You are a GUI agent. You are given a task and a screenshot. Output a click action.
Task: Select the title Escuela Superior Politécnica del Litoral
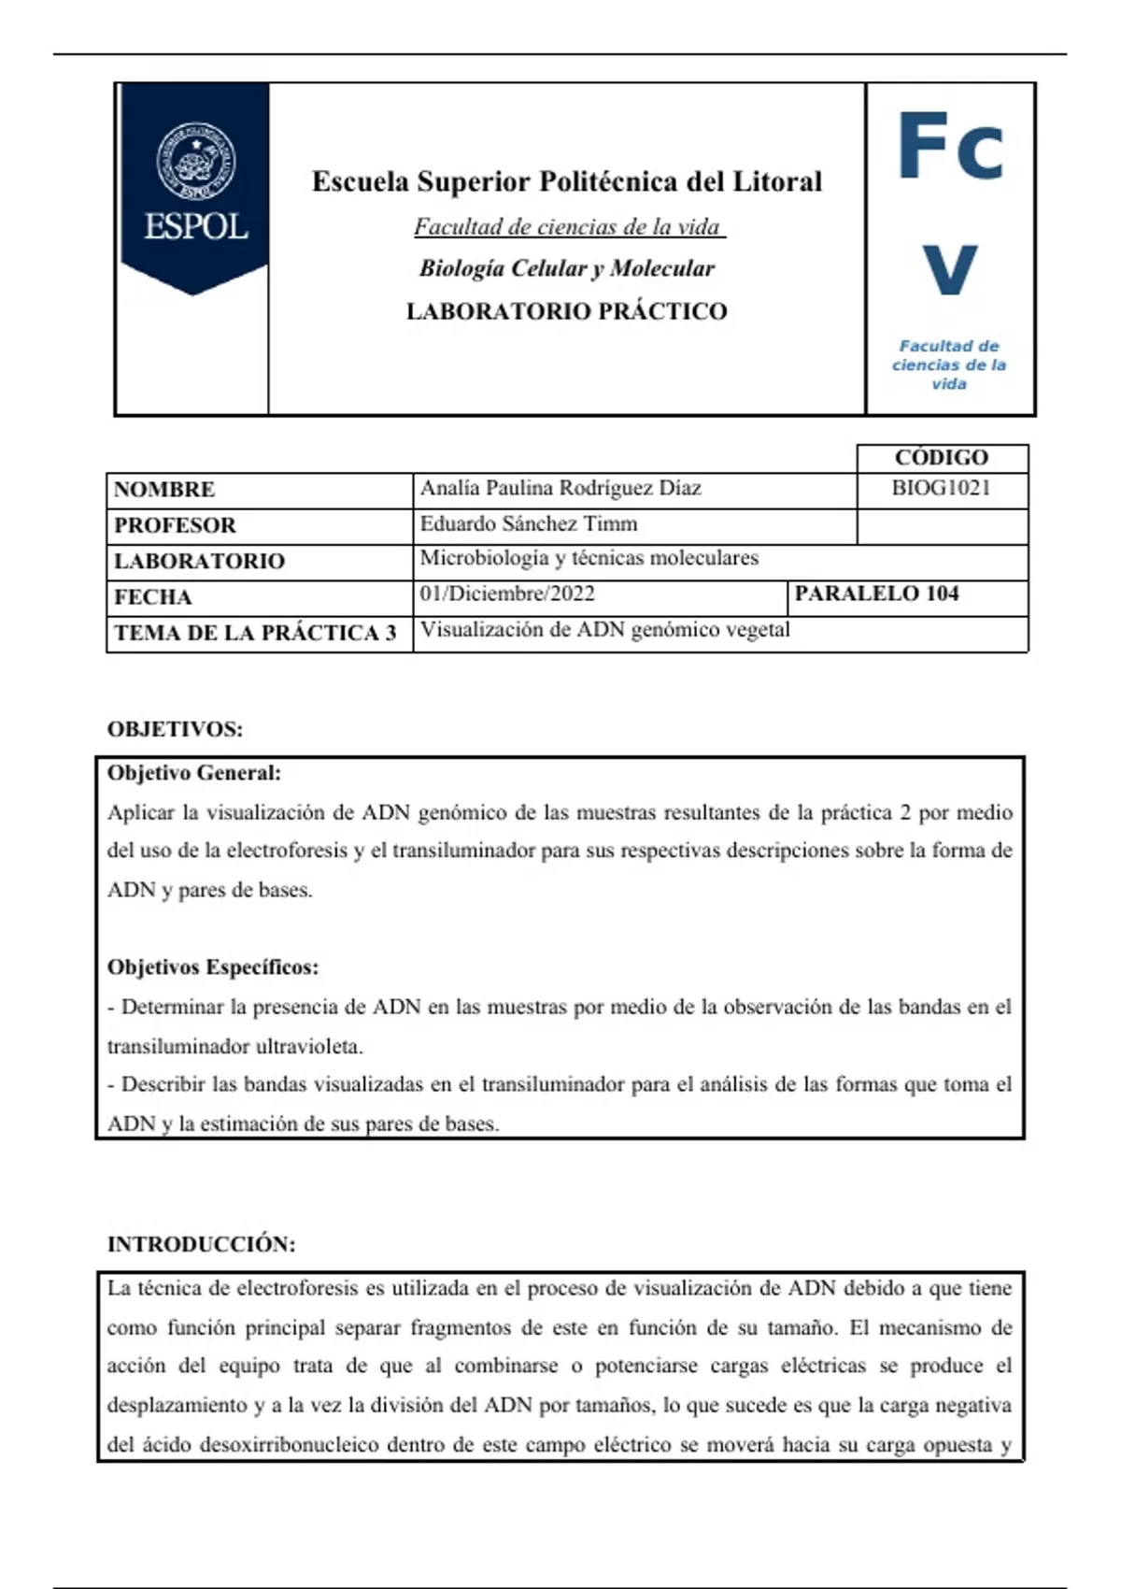566,181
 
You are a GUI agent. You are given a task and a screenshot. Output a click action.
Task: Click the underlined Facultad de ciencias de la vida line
568,227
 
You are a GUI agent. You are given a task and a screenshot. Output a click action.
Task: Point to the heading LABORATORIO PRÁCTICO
566,311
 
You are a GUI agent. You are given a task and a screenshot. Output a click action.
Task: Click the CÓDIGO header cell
941,457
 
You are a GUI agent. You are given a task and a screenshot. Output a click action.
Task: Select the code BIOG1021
941,488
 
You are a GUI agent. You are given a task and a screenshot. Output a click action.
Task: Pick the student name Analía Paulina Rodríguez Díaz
560,488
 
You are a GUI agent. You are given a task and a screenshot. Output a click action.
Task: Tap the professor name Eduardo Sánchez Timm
529,523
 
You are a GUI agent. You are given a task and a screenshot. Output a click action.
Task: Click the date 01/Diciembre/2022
507,594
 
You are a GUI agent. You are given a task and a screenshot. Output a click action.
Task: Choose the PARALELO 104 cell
876,594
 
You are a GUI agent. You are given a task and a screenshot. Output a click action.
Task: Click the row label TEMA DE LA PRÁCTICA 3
255,633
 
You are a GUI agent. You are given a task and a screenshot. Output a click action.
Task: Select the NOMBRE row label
164,489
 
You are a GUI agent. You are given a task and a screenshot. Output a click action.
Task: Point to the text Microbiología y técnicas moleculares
589,558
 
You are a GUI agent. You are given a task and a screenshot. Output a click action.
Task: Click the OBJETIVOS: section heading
175,729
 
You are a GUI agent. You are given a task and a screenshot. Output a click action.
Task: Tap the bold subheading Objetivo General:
194,773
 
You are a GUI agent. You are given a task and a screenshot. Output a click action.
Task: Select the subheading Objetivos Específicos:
213,967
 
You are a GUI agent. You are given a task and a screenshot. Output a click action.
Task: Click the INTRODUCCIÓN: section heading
201,1244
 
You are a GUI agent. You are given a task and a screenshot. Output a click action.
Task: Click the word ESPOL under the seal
195,227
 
